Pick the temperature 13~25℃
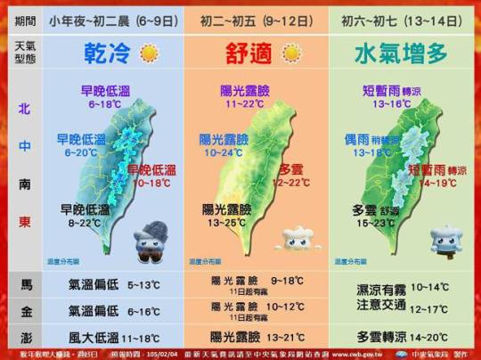[x=226, y=222]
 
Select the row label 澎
[x=24, y=337]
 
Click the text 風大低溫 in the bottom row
[x=95, y=337]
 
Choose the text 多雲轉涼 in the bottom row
[x=382, y=337]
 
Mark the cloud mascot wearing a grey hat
[x=145, y=245]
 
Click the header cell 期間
[x=24, y=18]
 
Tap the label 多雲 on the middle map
[x=292, y=169]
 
